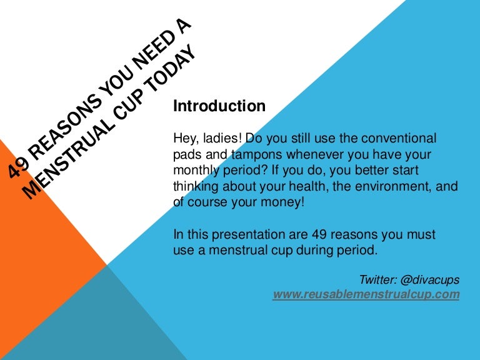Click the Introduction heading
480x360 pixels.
(x=219, y=106)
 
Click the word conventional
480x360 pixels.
(x=399, y=138)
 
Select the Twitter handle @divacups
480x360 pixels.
(x=429, y=280)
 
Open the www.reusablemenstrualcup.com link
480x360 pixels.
(x=366, y=294)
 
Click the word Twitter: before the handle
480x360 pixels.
(x=378, y=280)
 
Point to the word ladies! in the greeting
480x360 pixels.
(x=222, y=138)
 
